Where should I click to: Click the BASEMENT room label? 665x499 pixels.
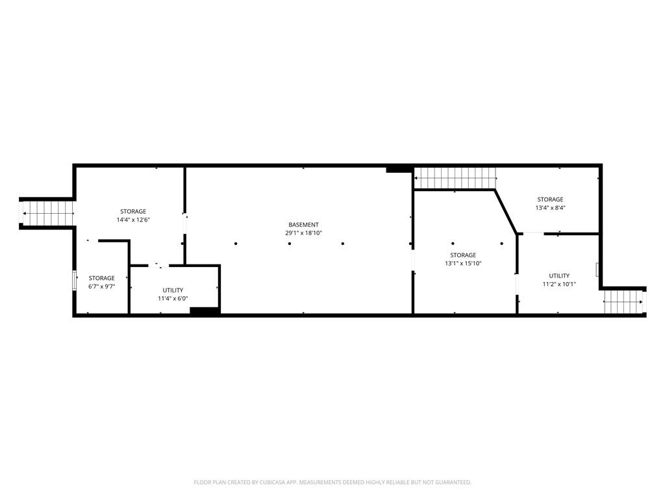pyautogui.click(x=303, y=225)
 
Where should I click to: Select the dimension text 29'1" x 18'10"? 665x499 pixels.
pyautogui.click(x=303, y=233)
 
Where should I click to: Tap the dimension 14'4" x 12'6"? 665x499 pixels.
pyautogui.click(x=132, y=220)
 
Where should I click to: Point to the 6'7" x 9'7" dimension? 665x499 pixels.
pyautogui.click(x=101, y=286)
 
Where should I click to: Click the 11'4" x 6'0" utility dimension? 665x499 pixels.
pyautogui.click(x=173, y=298)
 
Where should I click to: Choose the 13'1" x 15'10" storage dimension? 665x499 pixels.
pyautogui.click(x=463, y=263)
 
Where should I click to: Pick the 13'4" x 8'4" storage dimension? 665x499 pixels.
pyautogui.click(x=549, y=208)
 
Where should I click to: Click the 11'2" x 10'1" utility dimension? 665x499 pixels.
pyautogui.click(x=559, y=284)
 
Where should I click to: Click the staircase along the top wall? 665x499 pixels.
pyautogui.click(x=455, y=177)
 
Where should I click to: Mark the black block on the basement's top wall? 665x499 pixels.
pyautogui.click(x=397, y=169)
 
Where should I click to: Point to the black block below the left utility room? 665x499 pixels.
pyautogui.click(x=204, y=311)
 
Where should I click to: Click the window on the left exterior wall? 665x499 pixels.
pyautogui.click(x=74, y=280)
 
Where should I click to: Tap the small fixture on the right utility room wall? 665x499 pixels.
pyautogui.click(x=597, y=270)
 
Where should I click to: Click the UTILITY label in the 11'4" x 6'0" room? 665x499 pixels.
pyautogui.click(x=173, y=290)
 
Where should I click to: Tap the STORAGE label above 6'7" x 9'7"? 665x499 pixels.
pyautogui.click(x=101, y=278)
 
